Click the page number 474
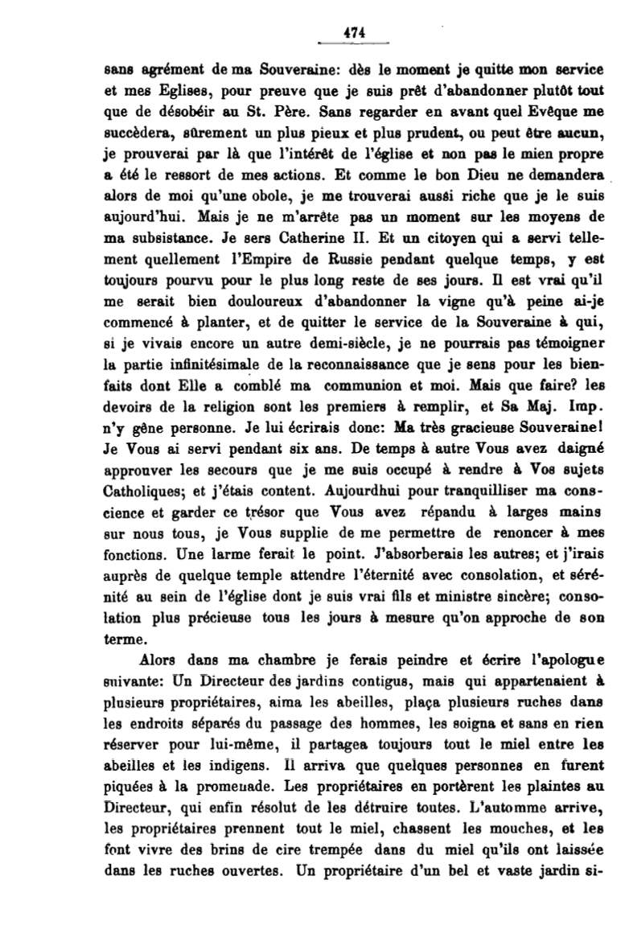point(354,32)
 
